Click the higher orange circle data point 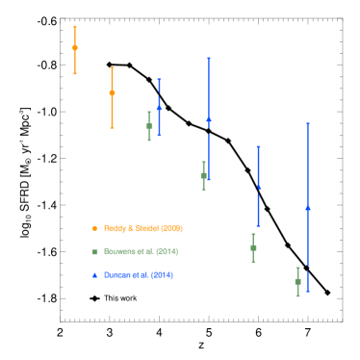point(75,47)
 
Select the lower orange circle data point point(112,93)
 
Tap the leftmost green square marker point(149,126)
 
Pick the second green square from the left point(203,175)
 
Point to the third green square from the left point(253,247)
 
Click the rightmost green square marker point(297,281)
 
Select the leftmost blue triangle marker point(159,106)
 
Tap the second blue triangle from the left point(208,119)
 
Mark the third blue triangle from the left point(258,187)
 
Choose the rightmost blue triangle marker point(307,207)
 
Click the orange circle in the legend point(94,228)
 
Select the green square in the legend point(94,251)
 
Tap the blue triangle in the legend point(94,275)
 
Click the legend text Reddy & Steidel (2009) point(143,228)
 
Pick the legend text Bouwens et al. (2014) point(141,251)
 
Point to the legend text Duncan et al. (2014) point(139,275)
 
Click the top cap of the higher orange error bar point(75,27)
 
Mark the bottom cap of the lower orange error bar point(112,127)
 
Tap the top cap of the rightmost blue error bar point(307,123)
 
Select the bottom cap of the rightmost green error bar point(297,296)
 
